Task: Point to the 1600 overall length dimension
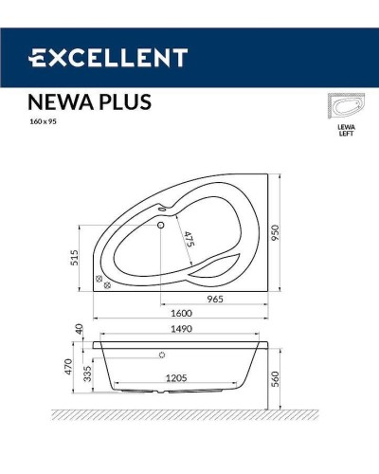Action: coord(182,313)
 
